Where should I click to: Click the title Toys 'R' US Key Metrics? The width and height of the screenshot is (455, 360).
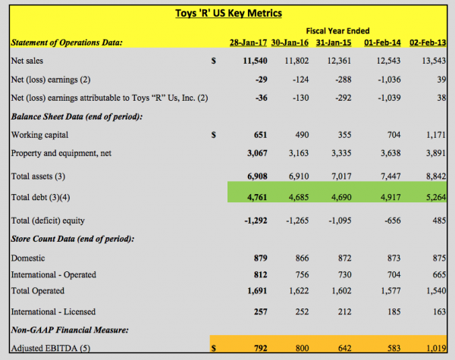[228, 14]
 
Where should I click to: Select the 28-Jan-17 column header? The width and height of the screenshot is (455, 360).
[248, 42]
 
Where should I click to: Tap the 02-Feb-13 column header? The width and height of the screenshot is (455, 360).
[428, 42]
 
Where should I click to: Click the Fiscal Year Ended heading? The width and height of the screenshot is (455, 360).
[337, 31]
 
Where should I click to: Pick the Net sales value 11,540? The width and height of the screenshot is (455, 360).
[255, 61]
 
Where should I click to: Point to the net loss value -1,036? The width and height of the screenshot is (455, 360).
[389, 80]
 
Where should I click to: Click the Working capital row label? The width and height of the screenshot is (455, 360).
[39, 135]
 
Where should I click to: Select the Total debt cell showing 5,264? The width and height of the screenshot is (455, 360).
[436, 197]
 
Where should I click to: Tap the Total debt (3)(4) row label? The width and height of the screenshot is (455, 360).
[40, 197]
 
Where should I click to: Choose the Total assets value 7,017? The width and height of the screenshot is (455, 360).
[341, 176]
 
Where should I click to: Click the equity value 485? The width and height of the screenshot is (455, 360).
[439, 221]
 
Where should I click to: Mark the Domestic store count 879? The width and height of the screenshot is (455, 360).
[260, 258]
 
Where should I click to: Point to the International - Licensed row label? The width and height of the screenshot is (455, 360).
[53, 311]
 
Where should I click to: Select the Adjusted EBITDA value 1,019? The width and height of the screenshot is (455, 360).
[436, 348]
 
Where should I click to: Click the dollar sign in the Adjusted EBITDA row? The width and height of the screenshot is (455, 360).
[214, 348]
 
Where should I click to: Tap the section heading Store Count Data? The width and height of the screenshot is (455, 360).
[73, 239]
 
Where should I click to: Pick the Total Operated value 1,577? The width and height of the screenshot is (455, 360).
[391, 291]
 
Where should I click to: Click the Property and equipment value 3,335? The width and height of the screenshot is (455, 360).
[341, 153]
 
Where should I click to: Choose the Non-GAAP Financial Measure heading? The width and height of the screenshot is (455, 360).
[70, 330]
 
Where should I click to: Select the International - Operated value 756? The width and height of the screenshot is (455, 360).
[302, 274]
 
